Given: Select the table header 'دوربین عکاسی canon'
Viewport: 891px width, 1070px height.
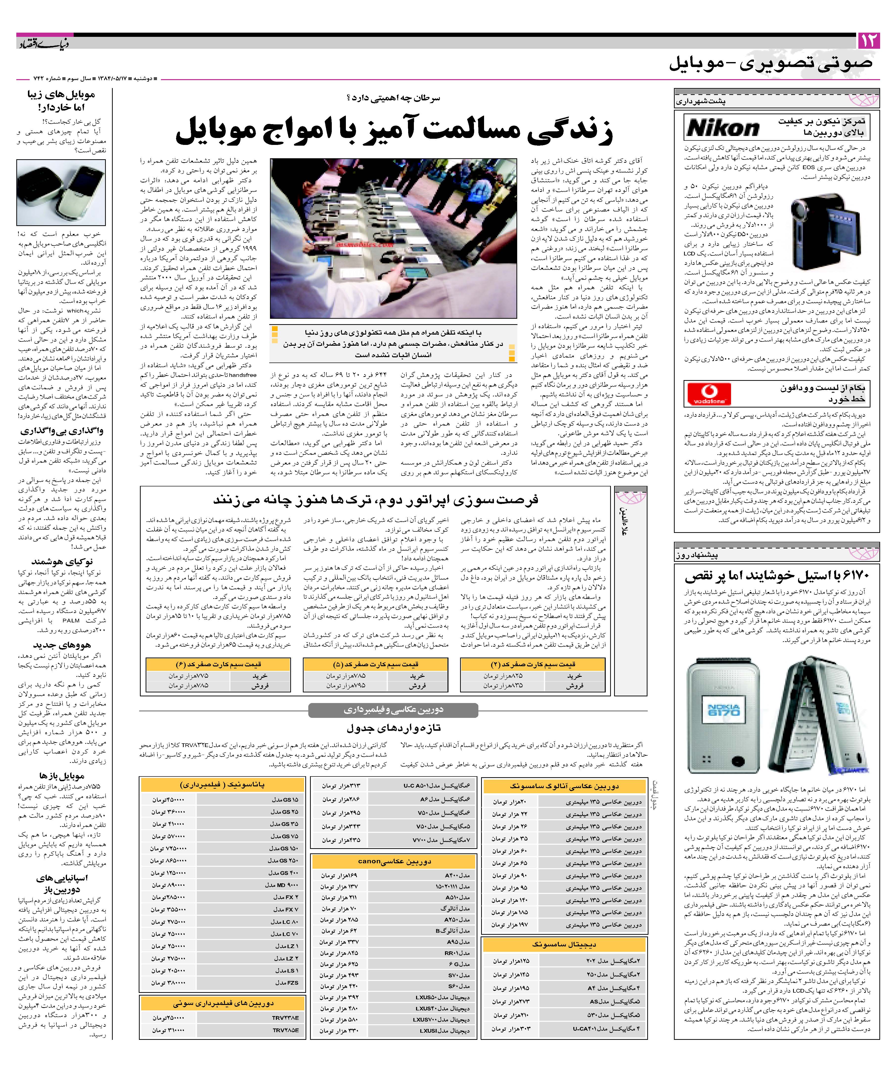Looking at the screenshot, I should [394, 861].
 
